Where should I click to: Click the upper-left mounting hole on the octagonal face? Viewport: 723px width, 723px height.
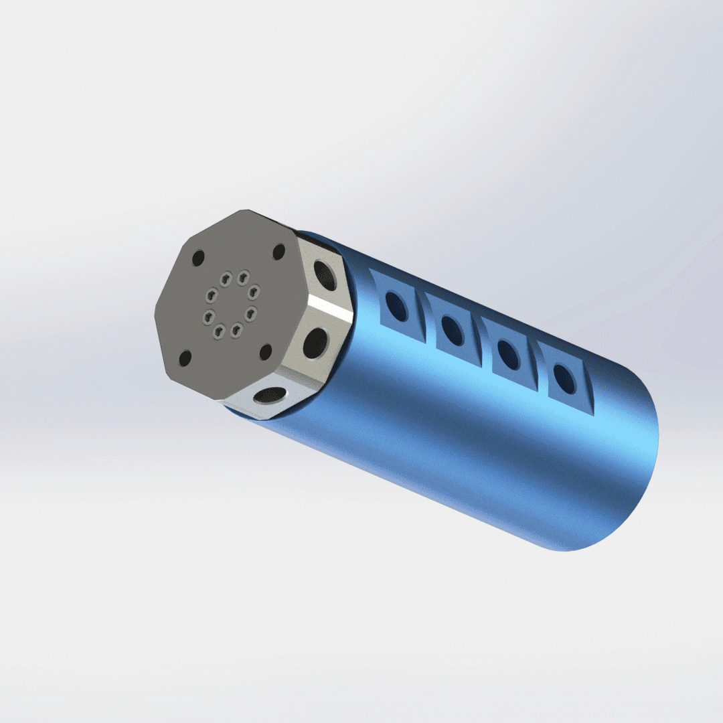point(197,257)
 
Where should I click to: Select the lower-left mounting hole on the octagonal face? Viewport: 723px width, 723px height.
point(186,356)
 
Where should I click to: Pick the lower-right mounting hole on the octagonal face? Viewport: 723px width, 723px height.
point(266,350)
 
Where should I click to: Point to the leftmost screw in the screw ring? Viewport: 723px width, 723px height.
point(210,315)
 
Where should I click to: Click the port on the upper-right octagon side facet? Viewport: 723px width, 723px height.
point(322,273)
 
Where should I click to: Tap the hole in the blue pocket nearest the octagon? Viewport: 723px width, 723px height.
point(398,308)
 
